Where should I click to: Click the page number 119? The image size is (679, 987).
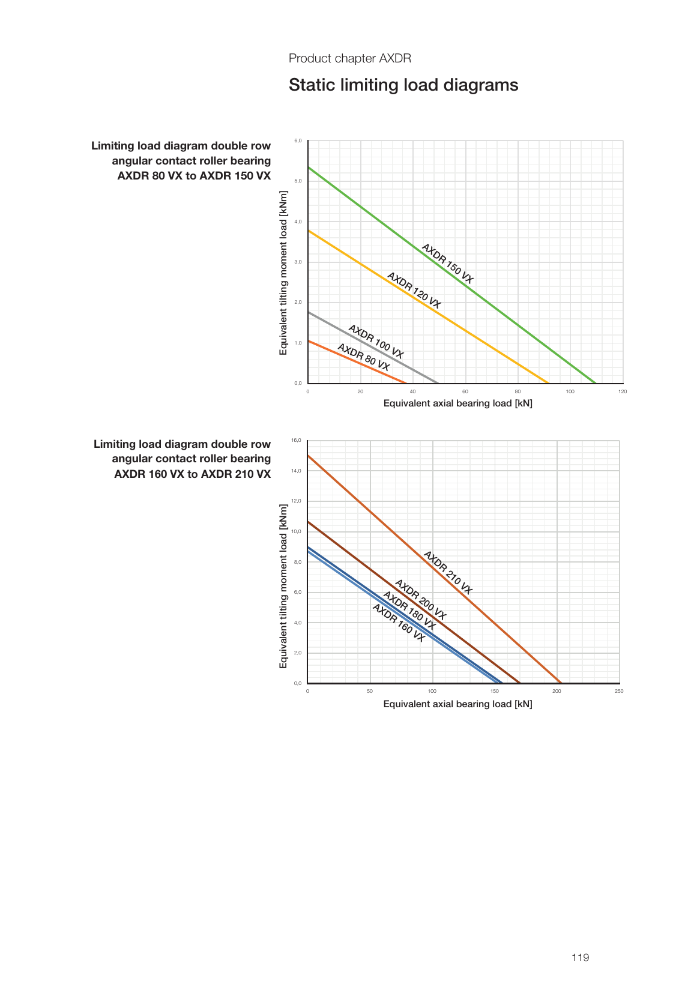point(580,958)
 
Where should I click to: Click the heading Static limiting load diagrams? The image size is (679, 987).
point(403,85)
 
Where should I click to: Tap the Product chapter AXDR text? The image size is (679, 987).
point(350,58)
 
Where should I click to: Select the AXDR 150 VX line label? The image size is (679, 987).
point(447,264)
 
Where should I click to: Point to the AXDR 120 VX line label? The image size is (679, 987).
point(414,291)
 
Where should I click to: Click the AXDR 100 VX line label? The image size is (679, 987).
point(376,342)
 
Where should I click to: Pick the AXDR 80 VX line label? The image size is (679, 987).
point(363,357)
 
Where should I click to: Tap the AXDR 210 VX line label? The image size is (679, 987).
point(448,572)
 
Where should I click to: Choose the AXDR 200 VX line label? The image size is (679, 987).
point(420,599)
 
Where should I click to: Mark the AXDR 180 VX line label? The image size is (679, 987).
point(409,611)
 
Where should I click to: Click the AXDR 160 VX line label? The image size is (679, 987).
point(399,623)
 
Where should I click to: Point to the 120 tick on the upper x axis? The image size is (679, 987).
point(623,391)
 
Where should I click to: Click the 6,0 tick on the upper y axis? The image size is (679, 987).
point(298,140)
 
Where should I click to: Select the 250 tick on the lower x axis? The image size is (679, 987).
point(619,691)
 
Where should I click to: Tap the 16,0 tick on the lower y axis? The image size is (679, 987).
point(297,440)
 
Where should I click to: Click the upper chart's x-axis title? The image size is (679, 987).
point(457,403)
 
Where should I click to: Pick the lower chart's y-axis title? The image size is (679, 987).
point(283,586)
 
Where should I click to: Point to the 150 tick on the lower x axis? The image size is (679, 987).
point(494,691)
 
